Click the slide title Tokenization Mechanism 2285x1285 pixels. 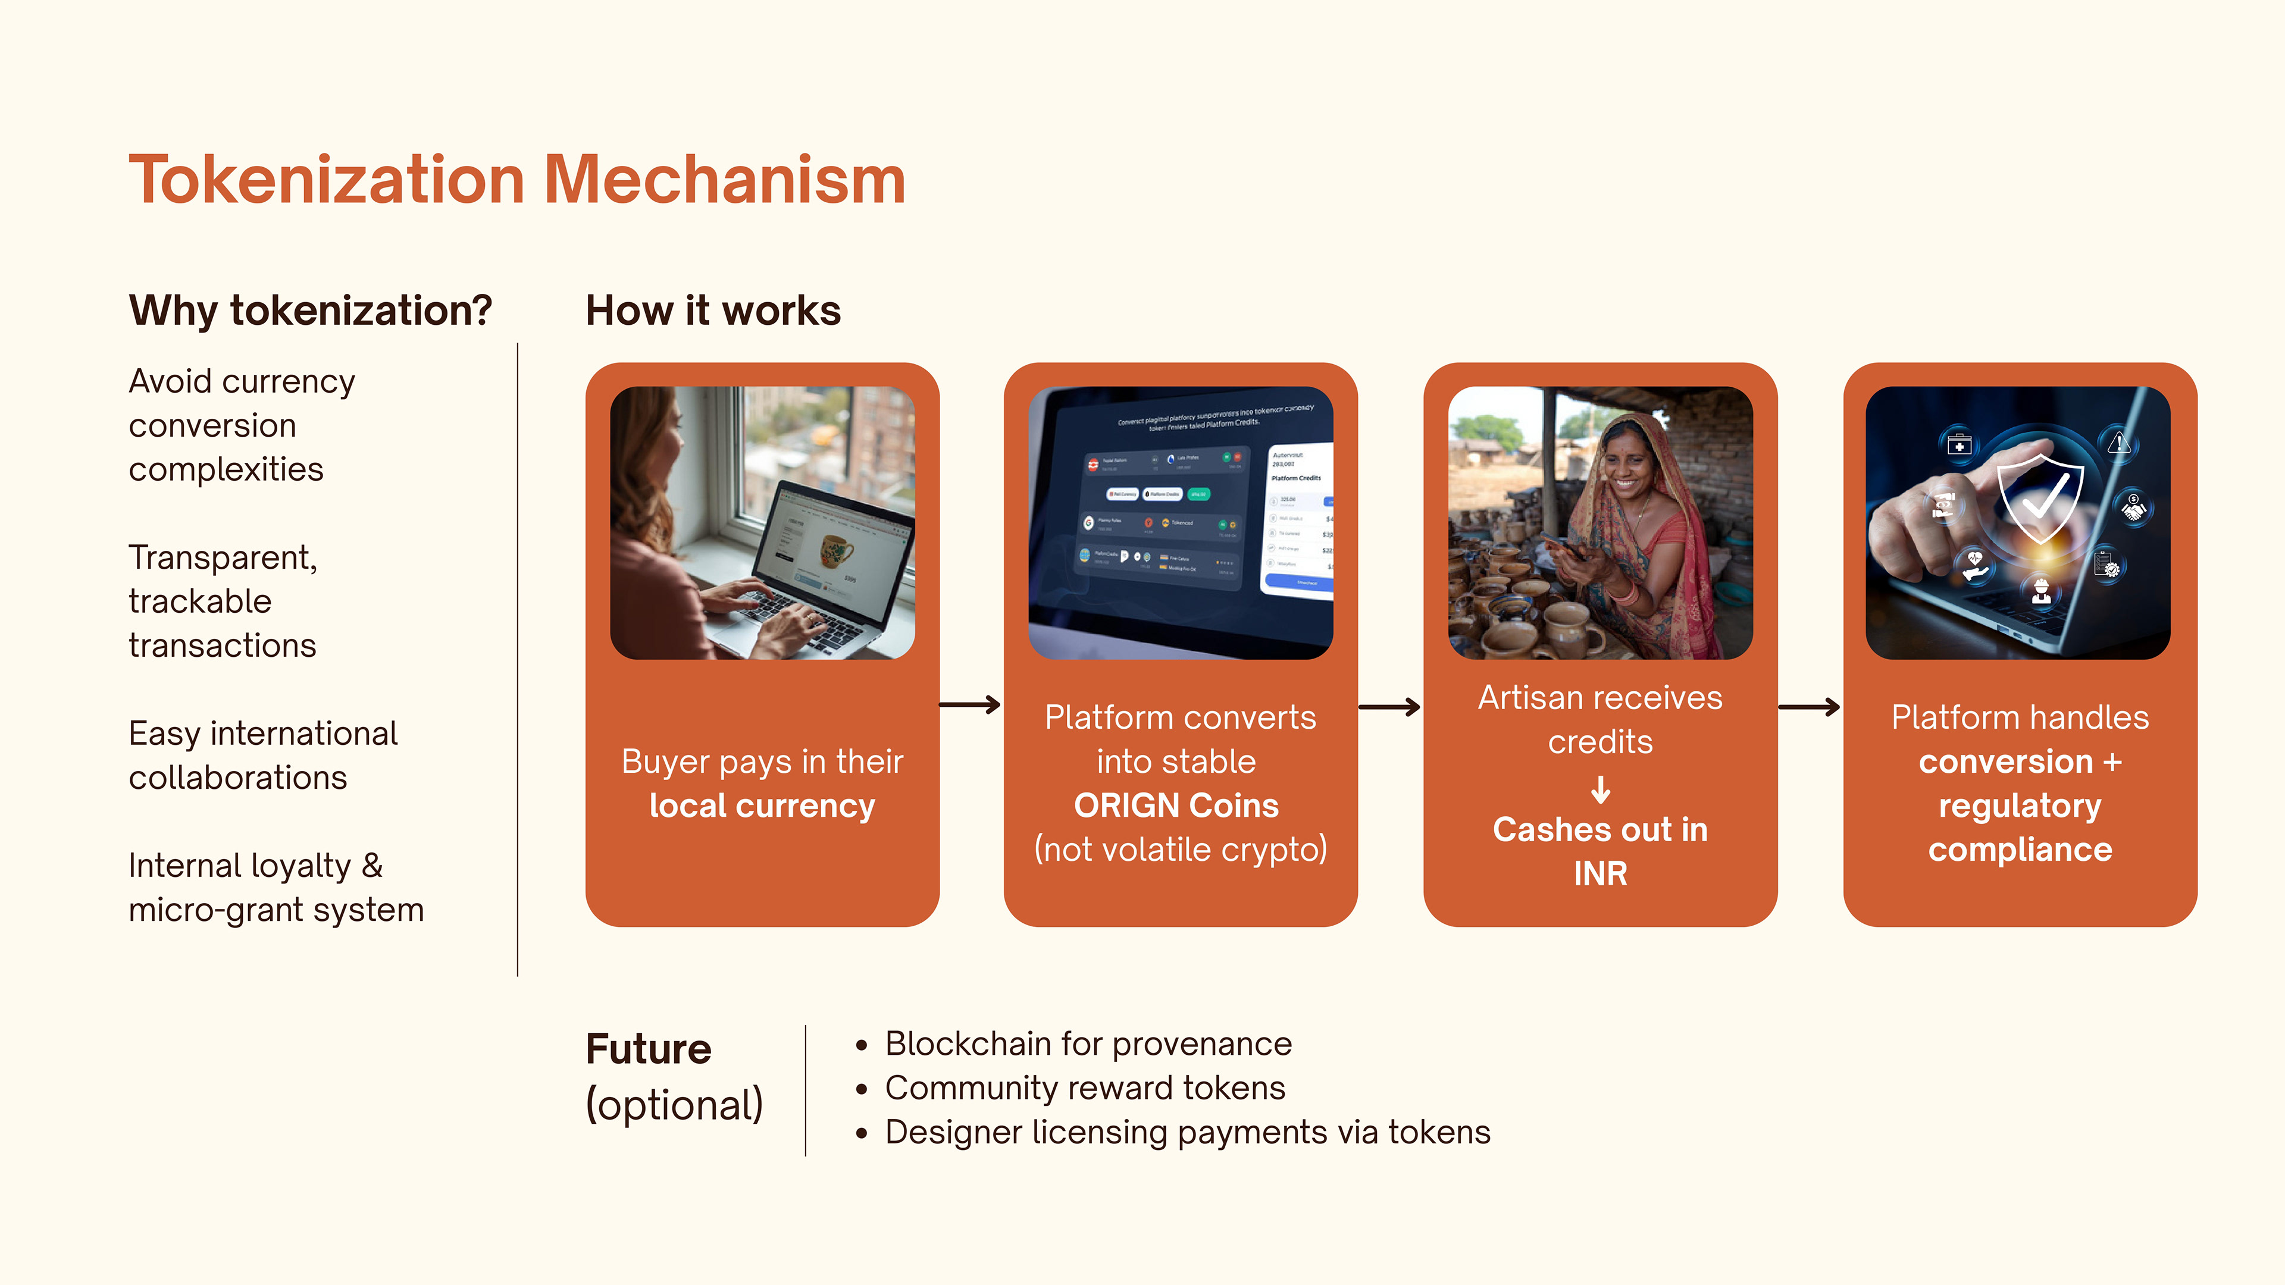517,180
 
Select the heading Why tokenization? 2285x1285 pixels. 311,311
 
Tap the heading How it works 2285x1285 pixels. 713,311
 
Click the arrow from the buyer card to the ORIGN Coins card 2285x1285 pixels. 971,705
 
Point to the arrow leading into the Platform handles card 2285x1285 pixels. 1810,707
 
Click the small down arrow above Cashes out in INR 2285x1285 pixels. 1600,788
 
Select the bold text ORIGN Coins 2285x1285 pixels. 1176,806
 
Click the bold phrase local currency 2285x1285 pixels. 762,806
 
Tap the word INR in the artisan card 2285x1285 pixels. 1600,873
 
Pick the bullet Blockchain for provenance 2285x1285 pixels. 1088,1044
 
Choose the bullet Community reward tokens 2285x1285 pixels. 1084,1088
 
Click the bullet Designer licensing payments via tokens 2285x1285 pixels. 1187,1133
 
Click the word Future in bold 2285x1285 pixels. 649,1049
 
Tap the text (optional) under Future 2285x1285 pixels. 674,1105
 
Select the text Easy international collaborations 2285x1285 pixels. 262,756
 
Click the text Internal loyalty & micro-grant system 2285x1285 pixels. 276,888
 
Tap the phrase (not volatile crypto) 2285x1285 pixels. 1180,850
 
